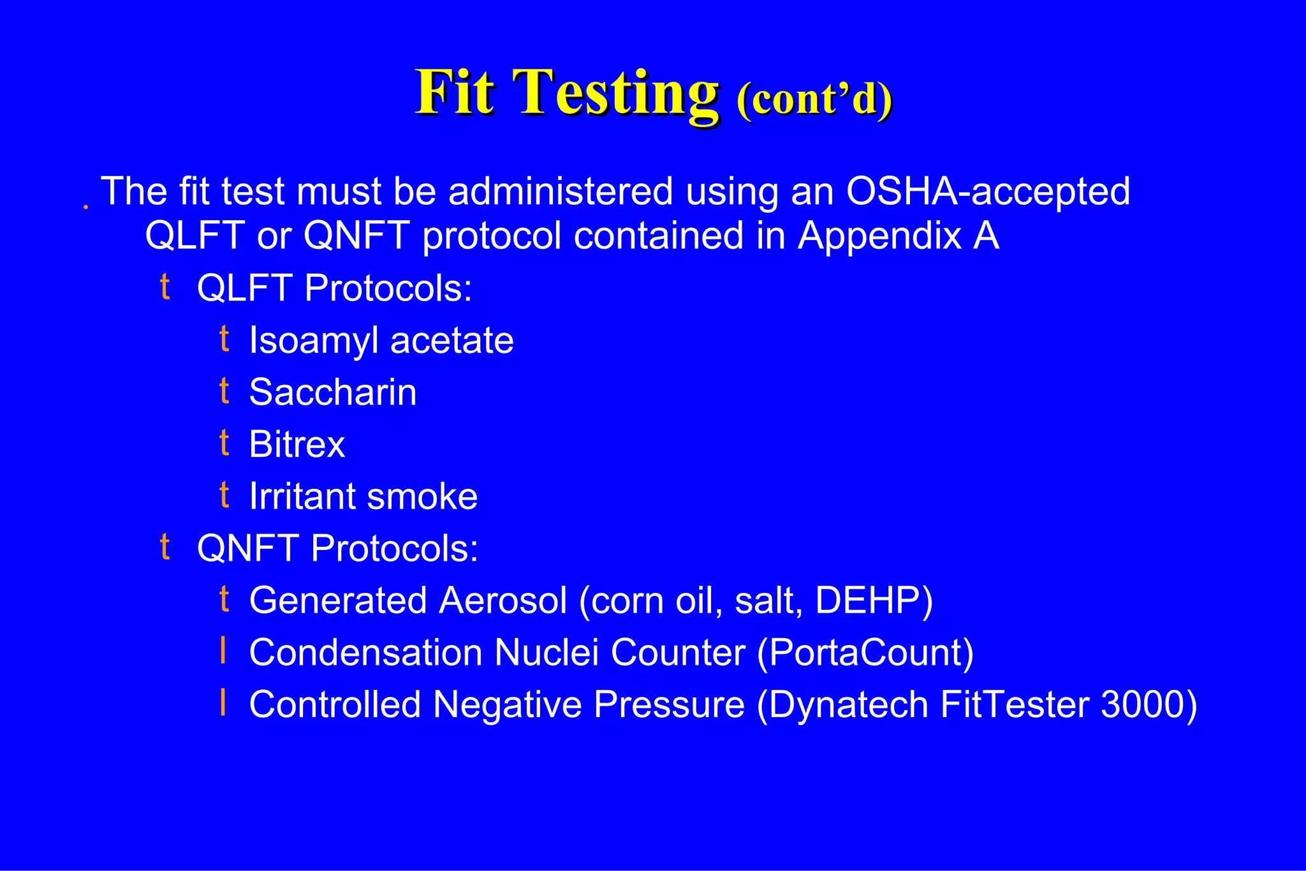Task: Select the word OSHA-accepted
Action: click(x=987, y=191)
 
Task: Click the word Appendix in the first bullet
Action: click(x=879, y=236)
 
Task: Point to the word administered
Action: click(x=561, y=191)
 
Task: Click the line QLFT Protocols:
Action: click(x=334, y=288)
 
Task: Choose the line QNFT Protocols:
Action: click(x=337, y=549)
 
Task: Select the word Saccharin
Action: click(x=332, y=392)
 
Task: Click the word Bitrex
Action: click(x=297, y=445)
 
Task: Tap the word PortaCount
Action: click(x=865, y=653)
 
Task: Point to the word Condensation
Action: click(x=365, y=653)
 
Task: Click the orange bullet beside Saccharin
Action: click(x=224, y=391)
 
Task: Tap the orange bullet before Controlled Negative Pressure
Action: click(x=223, y=703)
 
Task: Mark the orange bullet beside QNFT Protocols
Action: click(x=165, y=547)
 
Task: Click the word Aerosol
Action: click(x=503, y=601)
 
